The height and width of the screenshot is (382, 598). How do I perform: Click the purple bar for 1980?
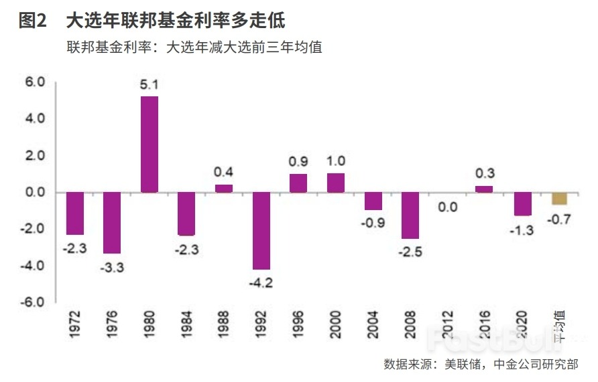pyautogui.click(x=149, y=145)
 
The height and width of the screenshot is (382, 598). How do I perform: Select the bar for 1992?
pyautogui.click(x=261, y=231)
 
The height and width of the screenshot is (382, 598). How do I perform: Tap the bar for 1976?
pyautogui.click(x=112, y=223)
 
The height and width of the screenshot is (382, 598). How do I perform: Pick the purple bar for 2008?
pyautogui.click(x=410, y=215)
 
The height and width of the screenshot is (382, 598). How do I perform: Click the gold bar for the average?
pyautogui.click(x=559, y=199)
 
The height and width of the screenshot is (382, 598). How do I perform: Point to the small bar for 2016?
pyautogui.click(x=484, y=189)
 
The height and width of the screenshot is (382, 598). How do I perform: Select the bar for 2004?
pyautogui.click(x=373, y=201)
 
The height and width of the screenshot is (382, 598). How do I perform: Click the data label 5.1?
pyautogui.click(x=149, y=86)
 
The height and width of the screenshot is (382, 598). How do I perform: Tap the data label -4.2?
pyautogui.click(x=261, y=282)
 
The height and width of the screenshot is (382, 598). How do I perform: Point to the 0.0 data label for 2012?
pyautogui.click(x=448, y=207)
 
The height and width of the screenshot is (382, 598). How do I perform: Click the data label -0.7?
pyautogui.click(x=559, y=217)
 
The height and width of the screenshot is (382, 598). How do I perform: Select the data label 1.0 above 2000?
pyautogui.click(x=336, y=161)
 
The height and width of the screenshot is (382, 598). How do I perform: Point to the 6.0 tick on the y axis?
pyautogui.click(x=34, y=82)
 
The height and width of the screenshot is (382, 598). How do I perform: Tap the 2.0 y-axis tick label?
pyautogui.click(x=34, y=155)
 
